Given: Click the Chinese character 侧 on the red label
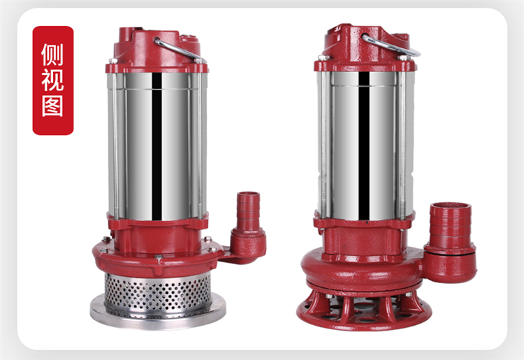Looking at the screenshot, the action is tap(52, 55).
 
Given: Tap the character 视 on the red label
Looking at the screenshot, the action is tap(52, 80).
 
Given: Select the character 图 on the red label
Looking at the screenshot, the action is tap(52, 106).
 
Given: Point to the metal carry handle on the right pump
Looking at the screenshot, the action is tap(391, 45).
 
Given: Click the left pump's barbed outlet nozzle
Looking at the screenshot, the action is tap(248, 210).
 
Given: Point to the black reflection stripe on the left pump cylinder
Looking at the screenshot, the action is tap(157, 146).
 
